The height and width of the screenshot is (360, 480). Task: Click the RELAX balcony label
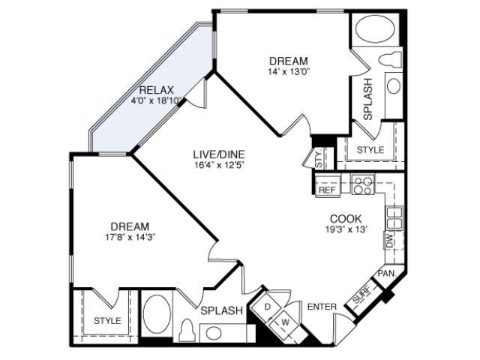[x=156, y=90]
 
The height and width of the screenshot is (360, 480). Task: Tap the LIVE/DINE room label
[x=219, y=154]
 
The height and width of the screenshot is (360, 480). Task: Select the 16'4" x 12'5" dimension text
[x=220, y=165]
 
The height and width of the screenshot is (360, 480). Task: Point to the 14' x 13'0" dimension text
[x=289, y=72]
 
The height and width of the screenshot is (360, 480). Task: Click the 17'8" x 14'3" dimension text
[x=130, y=237]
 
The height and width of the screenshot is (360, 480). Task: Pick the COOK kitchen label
[x=346, y=219]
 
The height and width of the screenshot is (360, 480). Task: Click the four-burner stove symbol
[x=363, y=184]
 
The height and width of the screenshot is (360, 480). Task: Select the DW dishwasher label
[x=389, y=240]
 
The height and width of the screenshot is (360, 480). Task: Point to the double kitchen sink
[x=394, y=217]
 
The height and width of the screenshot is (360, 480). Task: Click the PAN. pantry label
[x=387, y=273]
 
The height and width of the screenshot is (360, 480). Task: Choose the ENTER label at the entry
[x=322, y=307]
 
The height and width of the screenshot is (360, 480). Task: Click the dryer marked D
[x=267, y=307]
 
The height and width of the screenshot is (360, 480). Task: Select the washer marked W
[x=285, y=322]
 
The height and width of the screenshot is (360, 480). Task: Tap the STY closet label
[x=319, y=158]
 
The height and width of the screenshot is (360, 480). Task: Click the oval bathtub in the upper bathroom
[x=376, y=28]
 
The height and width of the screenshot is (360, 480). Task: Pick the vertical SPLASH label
[x=367, y=98]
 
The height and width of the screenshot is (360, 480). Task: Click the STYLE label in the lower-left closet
[x=107, y=320]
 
